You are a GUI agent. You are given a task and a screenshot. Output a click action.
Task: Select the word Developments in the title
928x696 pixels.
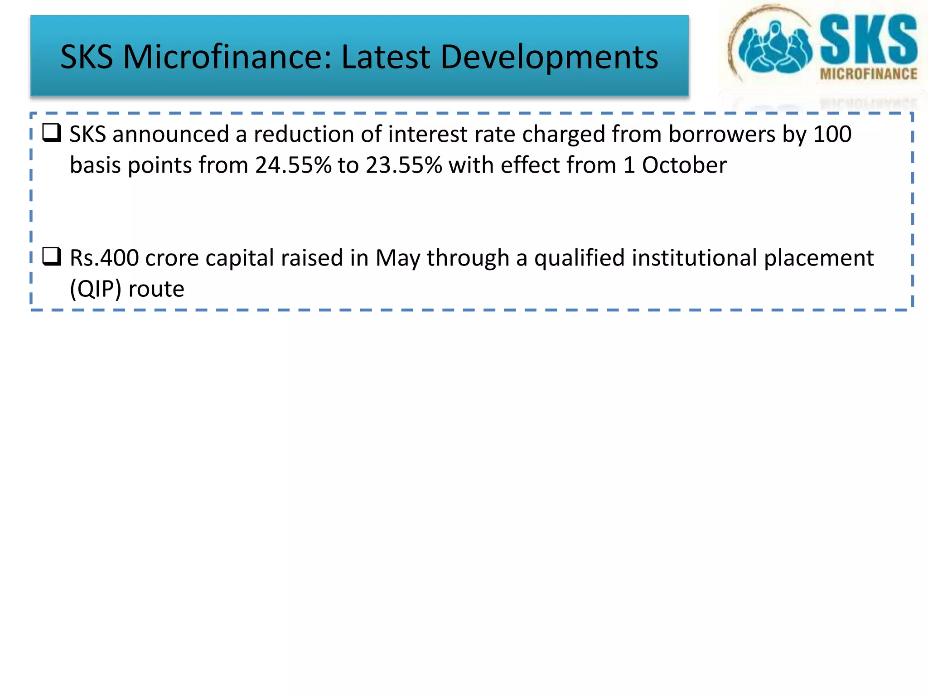point(549,57)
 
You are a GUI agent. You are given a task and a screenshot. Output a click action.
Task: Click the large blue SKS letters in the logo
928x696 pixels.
point(868,40)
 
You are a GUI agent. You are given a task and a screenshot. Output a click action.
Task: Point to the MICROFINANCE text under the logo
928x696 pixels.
point(868,74)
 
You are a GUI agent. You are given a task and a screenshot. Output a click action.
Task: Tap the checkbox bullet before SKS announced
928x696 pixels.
point(52,133)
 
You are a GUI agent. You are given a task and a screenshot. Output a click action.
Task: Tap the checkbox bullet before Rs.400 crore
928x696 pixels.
point(52,256)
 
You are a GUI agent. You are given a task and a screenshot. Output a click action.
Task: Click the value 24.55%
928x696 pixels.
point(293,165)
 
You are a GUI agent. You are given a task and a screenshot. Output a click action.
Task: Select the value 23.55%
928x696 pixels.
point(404,165)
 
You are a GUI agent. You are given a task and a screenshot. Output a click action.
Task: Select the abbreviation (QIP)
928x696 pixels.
point(96,289)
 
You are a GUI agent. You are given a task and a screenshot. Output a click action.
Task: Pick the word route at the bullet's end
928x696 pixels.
point(156,289)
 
